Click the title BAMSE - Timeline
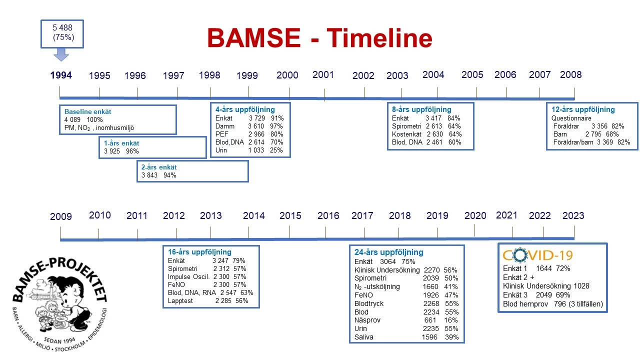(x=319, y=38)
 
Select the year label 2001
(x=323, y=75)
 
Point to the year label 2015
(x=290, y=215)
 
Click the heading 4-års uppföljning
(x=245, y=109)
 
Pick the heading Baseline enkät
(x=87, y=111)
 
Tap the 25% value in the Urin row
(x=276, y=150)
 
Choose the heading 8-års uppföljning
(x=421, y=109)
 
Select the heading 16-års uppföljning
(x=199, y=252)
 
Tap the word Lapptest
(x=181, y=301)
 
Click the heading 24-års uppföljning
(x=388, y=252)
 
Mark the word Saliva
(x=364, y=337)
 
